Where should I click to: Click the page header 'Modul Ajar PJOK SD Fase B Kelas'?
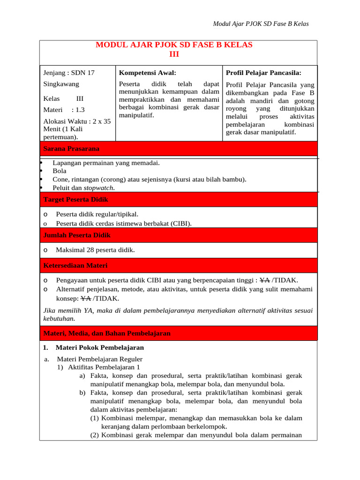(x=261, y=24)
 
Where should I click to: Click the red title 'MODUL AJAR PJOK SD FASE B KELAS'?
(x=174, y=45)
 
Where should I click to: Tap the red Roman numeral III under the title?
(x=174, y=54)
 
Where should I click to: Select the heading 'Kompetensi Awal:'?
(x=147, y=73)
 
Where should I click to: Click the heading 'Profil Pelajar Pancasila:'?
(x=263, y=73)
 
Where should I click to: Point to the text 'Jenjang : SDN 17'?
(x=68, y=73)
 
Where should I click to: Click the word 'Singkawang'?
(x=61, y=84)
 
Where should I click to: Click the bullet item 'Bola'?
(x=60, y=171)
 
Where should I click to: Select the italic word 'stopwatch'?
(x=98, y=188)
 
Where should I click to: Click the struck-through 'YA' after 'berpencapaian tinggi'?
(x=264, y=281)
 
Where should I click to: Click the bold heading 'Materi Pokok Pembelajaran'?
(x=99, y=348)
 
